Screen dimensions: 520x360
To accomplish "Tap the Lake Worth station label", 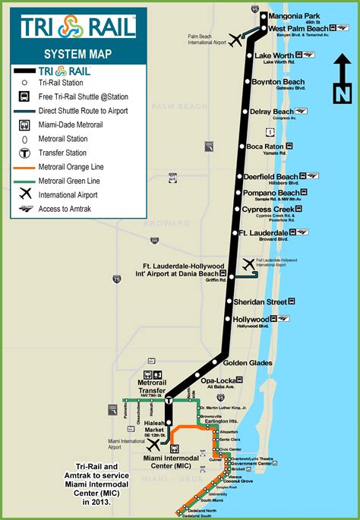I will click(x=274, y=55).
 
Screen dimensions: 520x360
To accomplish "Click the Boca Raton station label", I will click(x=265, y=147).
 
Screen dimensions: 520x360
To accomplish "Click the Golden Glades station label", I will click(x=248, y=363).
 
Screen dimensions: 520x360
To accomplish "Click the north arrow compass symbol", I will click(x=343, y=83).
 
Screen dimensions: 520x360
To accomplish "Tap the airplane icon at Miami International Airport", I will click(x=155, y=445).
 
